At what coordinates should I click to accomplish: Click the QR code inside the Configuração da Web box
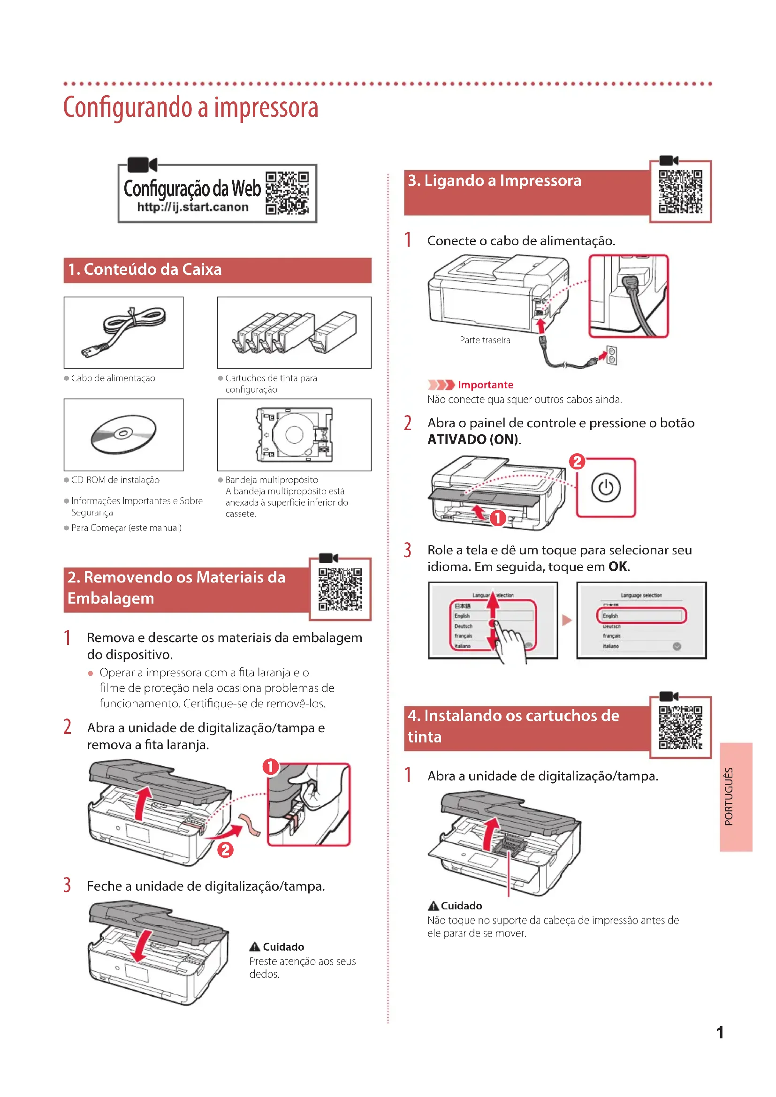pyautogui.click(x=287, y=193)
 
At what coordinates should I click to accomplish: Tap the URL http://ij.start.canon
pyautogui.click(x=192, y=207)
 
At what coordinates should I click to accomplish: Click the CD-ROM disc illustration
pyautogui.click(x=124, y=434)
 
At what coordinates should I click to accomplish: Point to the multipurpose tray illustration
pyautogui.click(x=294, y=434)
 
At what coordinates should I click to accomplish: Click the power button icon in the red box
pyautogui.click(x=605, y=487)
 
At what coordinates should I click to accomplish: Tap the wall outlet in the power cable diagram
pyautogui.click(x=611, y=356)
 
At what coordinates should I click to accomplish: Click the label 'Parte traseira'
pyautogui.click(x=485, y=340)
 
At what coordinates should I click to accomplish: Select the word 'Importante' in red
pyautogui.click(x=485, y=385)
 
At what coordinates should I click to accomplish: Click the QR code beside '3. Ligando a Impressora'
pyautogui.click(x=680, y=192)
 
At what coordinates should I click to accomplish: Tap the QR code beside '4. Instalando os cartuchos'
pyautogui.click(x=680, y=727)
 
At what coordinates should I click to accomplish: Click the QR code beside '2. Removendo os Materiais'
pyautogui.click(x=340, y=589)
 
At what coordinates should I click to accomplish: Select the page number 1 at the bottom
pyautogui.click(x=720, y=1032)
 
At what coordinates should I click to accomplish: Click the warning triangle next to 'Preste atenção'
pyautogui.click(x=255, y=946)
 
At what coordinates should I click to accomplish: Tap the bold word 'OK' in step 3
pyautogui.click(x=618, y=567)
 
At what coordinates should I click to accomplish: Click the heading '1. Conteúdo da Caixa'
pyautogui.click(x=145, y=270)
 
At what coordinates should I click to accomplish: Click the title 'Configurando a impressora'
pyautogui.click(x=190, y=107)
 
